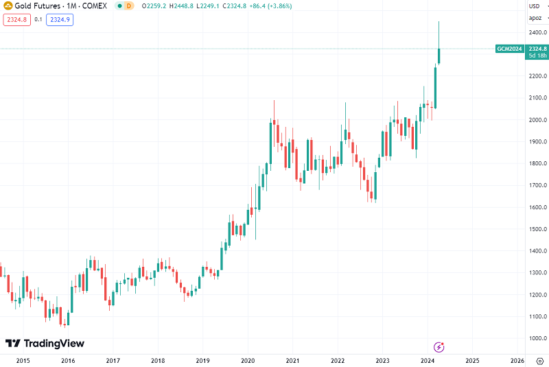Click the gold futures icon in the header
pyautogui.click(x=8, y=5)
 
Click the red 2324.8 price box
pyautogui.click(x=16, y=20)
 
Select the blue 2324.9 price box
pyautogui.click(x=59, y=20)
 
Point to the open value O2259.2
pyautogui.click(x=157, y=5)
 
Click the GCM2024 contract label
pyautogui.click(x=510, y=49)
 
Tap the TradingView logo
pyautogui.click(x=45, y=343)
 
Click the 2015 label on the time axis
pyautogui.click(x=23, y=360)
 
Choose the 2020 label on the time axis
pyautogui.click(x=248, y=360)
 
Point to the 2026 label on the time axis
pyautogui.click(x=517, y=360)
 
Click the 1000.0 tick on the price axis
pyautogui.click(x=537, y=338)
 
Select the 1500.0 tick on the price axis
pyautogui.click(x=537, y=229)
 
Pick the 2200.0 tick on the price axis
pyautogui.click(x=537, y=76)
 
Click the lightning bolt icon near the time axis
pyautogui.click(x=439, y=348)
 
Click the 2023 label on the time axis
pyautogui.click(x=382, y=360)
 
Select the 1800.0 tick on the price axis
pyautogui.click(x=537, y=164)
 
